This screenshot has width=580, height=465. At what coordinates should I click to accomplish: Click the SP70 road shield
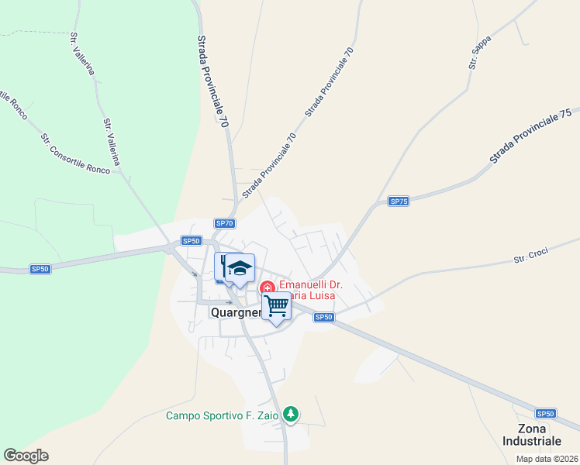pyautogui.click(x=225, y=223)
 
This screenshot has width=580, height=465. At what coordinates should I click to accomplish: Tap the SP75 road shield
pyautogui.click(x=399, y=201)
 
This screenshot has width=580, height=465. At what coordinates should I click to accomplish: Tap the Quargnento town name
pyautogui.click(x=237, y=312)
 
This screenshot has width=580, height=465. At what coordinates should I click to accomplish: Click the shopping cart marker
pyautogui.click(x=277, y=306)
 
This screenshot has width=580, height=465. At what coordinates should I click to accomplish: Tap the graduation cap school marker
pyautogui.click(x=240, y=268)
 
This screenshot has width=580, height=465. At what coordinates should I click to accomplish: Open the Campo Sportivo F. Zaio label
pyautogui.click(x=223, y=415)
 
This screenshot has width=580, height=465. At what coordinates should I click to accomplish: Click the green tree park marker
pyautogui.click(x=291, y=415)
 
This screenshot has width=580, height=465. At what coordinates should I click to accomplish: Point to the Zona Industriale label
pyautogui.click(x=532, y=434)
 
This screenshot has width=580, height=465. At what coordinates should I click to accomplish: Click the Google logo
pyautogui.click(x=26, y=456)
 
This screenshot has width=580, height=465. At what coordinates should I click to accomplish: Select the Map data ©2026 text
pyautogui.click(x=547, y=459)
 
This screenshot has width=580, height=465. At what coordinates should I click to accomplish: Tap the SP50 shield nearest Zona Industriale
pyautogui.click(x=546, y=414)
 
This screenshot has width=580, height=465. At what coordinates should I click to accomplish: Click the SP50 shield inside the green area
pyautogui.click(x=40, y=269)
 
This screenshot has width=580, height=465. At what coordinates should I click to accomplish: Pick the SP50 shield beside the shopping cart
pyautogui.click(x=324, y=317)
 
